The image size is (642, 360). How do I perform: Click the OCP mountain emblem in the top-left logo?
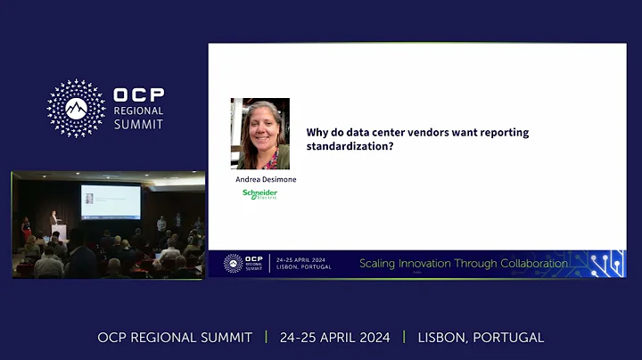(76, 108)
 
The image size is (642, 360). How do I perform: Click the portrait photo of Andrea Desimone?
(260, 134)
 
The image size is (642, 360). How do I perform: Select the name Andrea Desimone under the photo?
(266, 179)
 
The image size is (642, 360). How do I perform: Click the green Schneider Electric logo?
(260, 193)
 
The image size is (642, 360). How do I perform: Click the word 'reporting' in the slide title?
(500, 132)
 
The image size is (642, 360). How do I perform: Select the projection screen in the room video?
(110, 201)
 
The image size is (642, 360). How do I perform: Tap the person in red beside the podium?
(26, 226)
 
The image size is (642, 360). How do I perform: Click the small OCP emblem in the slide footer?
(234, 264)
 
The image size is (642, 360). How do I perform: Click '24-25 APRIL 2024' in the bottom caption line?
(334, 338)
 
